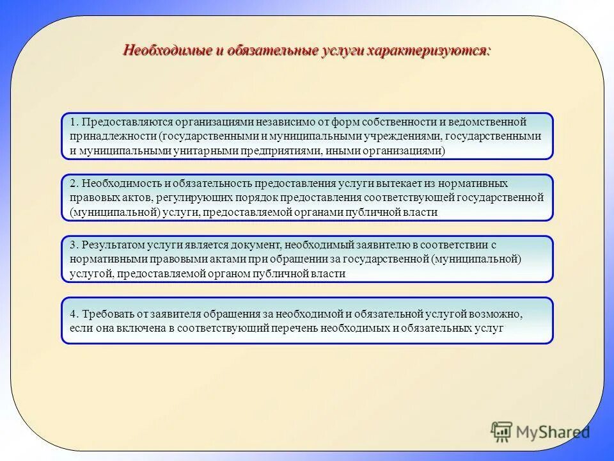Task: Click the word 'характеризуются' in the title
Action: (428, 50)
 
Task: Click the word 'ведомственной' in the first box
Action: (487, 122)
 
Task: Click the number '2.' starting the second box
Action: (74, 183)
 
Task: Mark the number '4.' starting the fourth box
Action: (74, 314)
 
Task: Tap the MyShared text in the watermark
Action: (553, 432)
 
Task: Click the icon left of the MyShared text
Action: (501, 432)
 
